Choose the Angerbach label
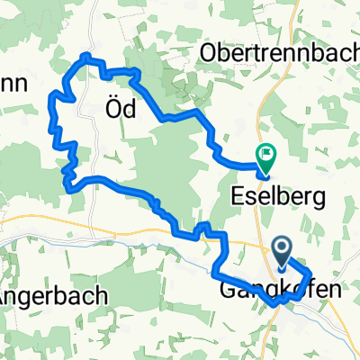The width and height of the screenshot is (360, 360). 54,294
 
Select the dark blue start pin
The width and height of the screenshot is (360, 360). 282,251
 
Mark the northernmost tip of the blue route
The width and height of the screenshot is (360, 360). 85,55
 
